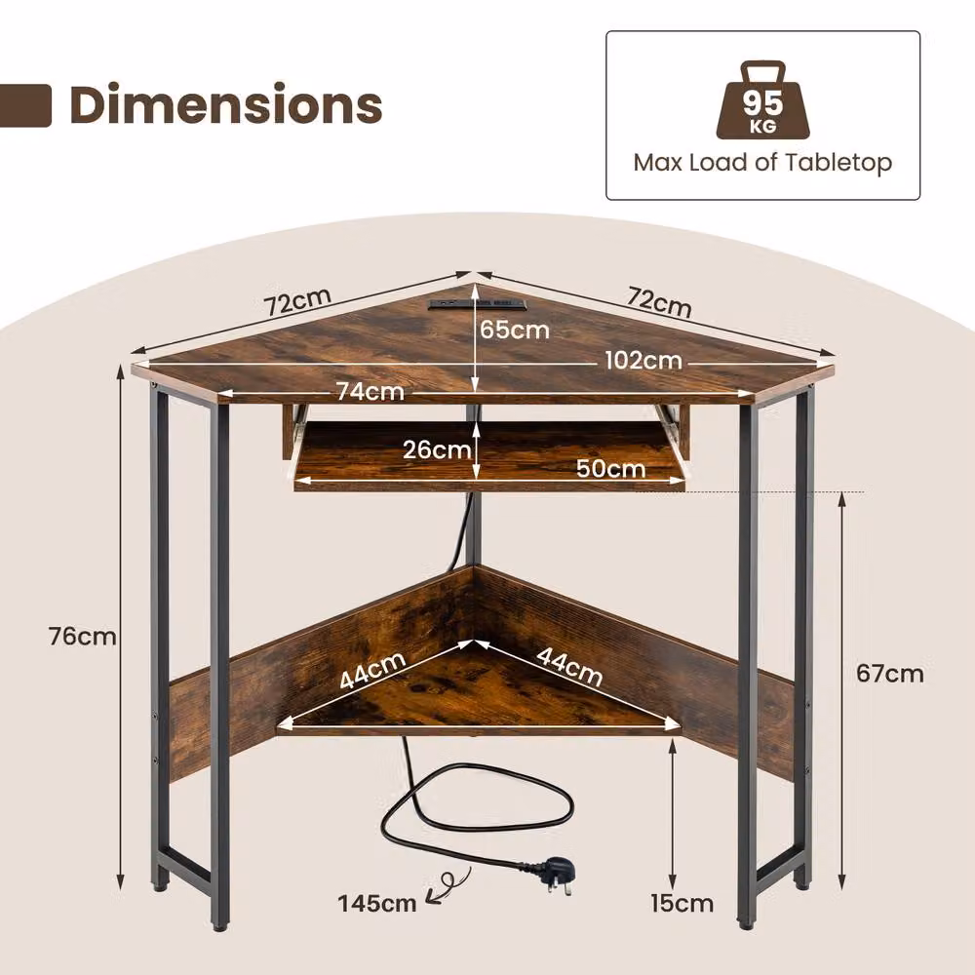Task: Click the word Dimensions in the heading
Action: pyautogui.click(x=226, y=104)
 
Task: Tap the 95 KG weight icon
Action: pyautogui.click(x=763, y=99)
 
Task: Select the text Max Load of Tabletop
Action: pyautogui.click(x=763, y=163)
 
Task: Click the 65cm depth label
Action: pyautogui.click(x=514, y=330)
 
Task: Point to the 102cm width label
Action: pyautogui.click(x=643, y=361)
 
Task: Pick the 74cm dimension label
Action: pyautogui.click(x=370, y=391)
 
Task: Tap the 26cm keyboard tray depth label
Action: pyautogui.click(x=437, y=448)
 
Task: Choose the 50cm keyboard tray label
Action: pyautogui.click(x=610, y=468)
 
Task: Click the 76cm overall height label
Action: pyautogui.click(x=83, y=636)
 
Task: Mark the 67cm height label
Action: pyautogui.click(x=890, y=674)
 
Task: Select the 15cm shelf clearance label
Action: pyautogui.click(x=682, y=903)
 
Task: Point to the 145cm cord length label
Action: pyautogui.click(x=376, y=903)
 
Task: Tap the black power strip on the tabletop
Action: pyautogui.click(x=476, y=304)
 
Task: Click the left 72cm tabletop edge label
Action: pyautogui.click(x=297, y=302)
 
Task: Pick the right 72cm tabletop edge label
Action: pyautogui.click(x=659, y=302)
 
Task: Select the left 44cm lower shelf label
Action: pyautogui.click(x=373, y=671)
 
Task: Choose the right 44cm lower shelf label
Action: pyautogui.click(x=569, y=667)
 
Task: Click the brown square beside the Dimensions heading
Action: pyautogui.click(x=25, y=105)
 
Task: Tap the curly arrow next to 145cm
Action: pyautogui.click(x=446, y=885)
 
